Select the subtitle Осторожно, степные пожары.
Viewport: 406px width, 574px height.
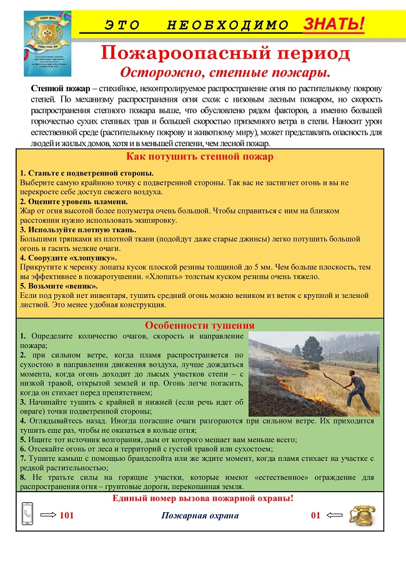point(225,71)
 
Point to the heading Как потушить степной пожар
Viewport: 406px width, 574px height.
point(200,157)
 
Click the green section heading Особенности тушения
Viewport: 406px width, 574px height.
point(199,325)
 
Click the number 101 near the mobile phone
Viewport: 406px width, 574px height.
point(67,516)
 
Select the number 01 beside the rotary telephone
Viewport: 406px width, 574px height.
point(316,516)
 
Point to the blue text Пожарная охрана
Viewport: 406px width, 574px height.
point(200,516)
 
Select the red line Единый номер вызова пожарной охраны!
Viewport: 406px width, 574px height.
point(202,498)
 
